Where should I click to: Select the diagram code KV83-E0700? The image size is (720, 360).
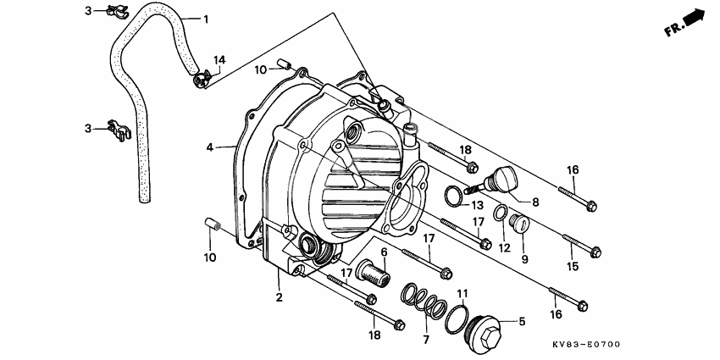coord(586,346)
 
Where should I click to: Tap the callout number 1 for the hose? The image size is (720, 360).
coord(206,18)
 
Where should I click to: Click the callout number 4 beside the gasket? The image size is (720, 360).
coord(209,147)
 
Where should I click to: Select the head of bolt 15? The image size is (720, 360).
coord(595,252)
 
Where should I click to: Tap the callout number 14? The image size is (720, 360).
coord(219,59)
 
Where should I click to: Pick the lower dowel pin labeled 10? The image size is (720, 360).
coord(213,226)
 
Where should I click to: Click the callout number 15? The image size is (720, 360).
coord(573,266)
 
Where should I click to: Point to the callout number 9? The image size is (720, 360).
coord(525,260)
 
